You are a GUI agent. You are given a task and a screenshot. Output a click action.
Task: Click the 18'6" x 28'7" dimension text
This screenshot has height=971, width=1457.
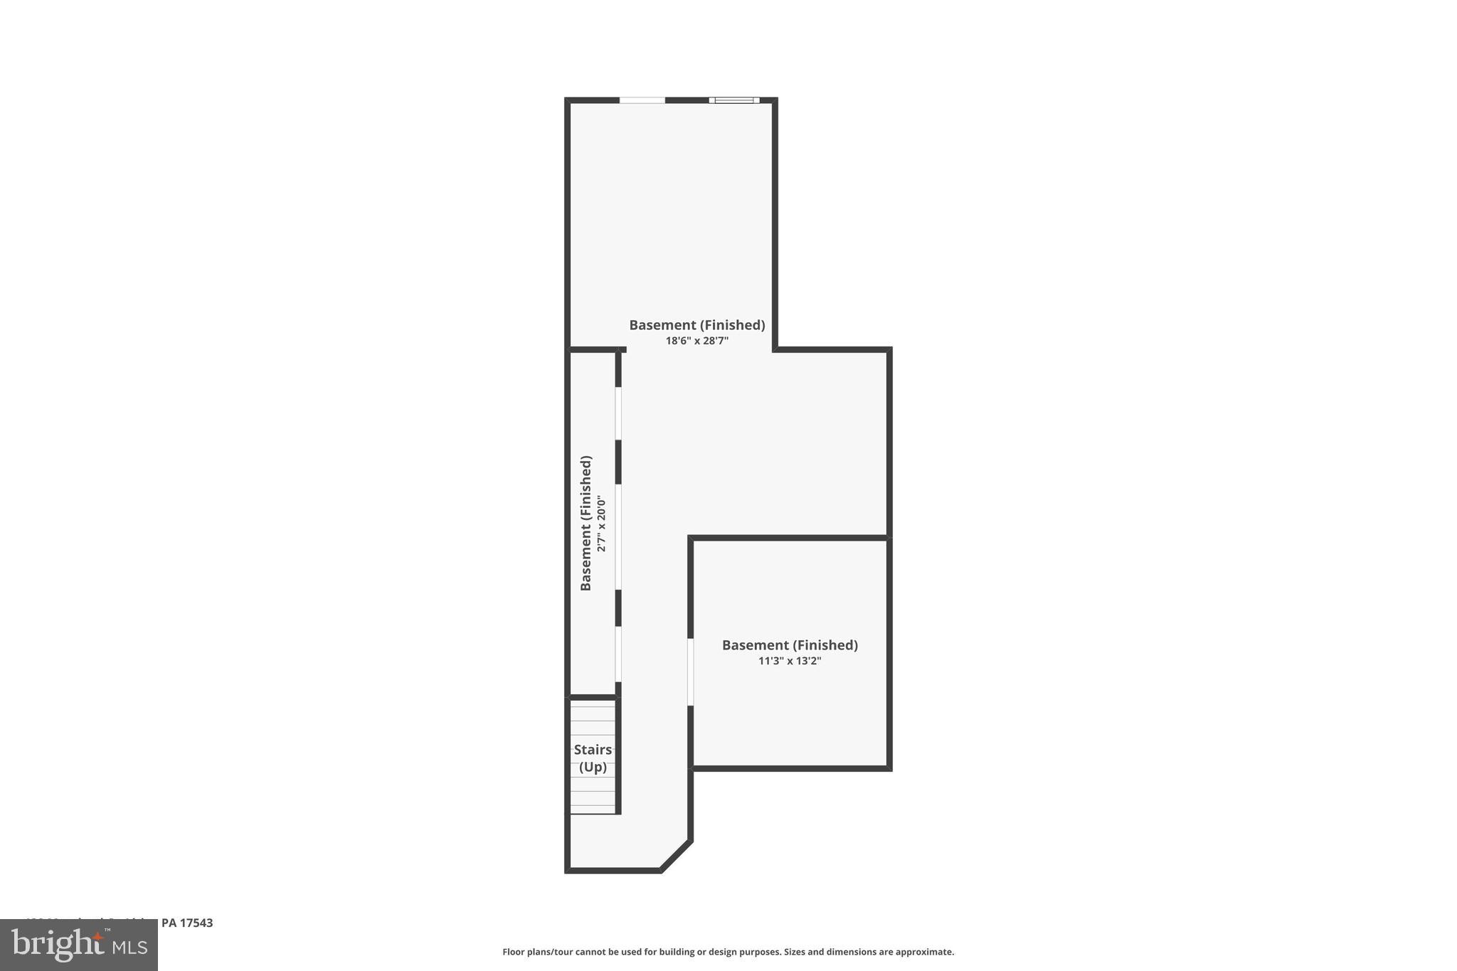pos(696,341)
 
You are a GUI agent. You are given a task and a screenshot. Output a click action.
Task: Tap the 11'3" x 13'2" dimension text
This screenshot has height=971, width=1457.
pos(790,661)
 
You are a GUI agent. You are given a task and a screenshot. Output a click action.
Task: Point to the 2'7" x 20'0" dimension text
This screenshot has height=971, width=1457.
pos(602,524)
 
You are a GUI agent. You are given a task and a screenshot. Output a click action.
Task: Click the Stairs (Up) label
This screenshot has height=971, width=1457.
pos(593,758)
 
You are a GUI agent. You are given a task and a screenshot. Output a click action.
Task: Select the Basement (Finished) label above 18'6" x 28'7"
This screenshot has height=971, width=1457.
pos(696,325)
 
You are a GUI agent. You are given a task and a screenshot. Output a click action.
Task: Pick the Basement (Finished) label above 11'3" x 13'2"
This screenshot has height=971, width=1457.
pos(790,645)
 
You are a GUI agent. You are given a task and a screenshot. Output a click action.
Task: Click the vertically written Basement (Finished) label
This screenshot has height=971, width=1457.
pos(586,523)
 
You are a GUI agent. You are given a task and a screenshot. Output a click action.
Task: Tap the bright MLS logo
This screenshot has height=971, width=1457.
pos(79,945)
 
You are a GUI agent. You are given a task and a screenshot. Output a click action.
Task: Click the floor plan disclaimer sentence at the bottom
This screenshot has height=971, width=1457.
pos(728,952)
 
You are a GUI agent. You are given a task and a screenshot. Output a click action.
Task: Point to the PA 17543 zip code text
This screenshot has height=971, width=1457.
pos(187,923)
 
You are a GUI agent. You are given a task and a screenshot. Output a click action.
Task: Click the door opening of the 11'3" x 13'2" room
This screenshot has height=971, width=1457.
pos(690,672)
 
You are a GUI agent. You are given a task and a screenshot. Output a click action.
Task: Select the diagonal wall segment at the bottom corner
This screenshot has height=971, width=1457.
pos(675,856)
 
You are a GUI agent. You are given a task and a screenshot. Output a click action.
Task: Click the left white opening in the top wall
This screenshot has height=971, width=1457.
pos(642,100)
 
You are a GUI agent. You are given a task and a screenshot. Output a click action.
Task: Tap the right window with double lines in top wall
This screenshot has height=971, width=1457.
pos(734,100)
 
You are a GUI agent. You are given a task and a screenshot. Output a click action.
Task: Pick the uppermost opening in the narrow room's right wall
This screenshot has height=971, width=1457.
pos(618,413)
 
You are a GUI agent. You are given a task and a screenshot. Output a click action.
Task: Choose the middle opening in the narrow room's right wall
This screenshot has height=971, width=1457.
pos(618,537)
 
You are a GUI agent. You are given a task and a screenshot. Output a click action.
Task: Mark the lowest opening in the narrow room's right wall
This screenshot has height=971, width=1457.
pos(618,654)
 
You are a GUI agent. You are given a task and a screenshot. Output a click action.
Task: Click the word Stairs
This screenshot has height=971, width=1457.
pos(593,750)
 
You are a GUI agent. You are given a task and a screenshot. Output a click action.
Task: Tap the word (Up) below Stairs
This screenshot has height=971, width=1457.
pos(593,767)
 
